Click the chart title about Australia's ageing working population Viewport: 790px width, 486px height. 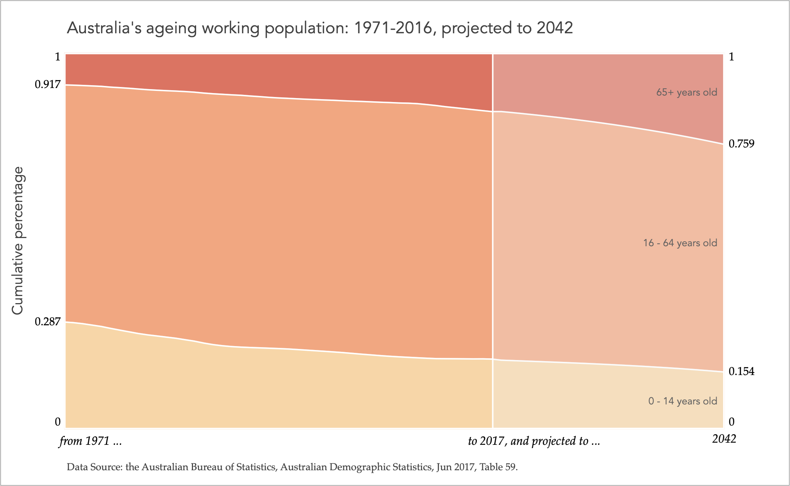click(x=320, y=28)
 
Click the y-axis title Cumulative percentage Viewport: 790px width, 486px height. click(x=18, y=240)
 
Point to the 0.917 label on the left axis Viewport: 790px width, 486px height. click(x=48, y=84)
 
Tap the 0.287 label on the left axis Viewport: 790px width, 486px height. click(x=48, y=322)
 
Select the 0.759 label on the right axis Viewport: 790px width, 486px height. click(x=741, y=144)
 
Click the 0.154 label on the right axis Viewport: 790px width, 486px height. click(x=741, y=371)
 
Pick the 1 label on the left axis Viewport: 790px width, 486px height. click(x=57, y=57)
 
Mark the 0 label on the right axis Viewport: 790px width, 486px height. click(x=732, y=422)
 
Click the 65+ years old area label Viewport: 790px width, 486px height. click(x=686, y=92)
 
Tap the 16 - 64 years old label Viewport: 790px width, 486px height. click(x=680, y=243)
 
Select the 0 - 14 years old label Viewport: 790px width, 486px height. click(x=682, y=401)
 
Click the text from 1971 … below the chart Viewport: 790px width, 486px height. click(x=91, y=441)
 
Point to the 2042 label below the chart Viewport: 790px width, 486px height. click(x=724, y=439)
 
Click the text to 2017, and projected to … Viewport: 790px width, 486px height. click(x=533, y=441)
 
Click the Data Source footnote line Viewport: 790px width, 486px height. click(x=292, y=467)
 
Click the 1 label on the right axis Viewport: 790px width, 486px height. click(x=732, y=57)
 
